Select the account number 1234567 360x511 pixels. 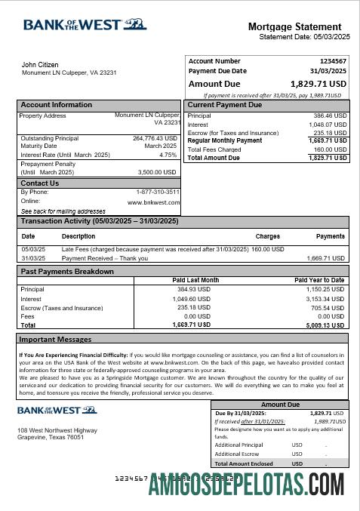click(332, 60)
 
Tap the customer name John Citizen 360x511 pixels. click(40, 65)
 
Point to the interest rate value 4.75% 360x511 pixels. click(168, 155)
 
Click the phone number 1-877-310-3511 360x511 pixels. click(158, 192)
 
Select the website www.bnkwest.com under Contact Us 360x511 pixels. click(153, 202)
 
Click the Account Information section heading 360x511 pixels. click(56, 105)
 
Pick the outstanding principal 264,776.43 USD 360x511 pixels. click(155, 138)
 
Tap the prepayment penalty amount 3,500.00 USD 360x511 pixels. click(158, 172)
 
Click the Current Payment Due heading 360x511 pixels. click(224, 105)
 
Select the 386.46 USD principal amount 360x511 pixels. click(330, 116)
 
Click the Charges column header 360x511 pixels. click(267, 236)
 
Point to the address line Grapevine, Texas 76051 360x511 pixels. click(51, 437)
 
